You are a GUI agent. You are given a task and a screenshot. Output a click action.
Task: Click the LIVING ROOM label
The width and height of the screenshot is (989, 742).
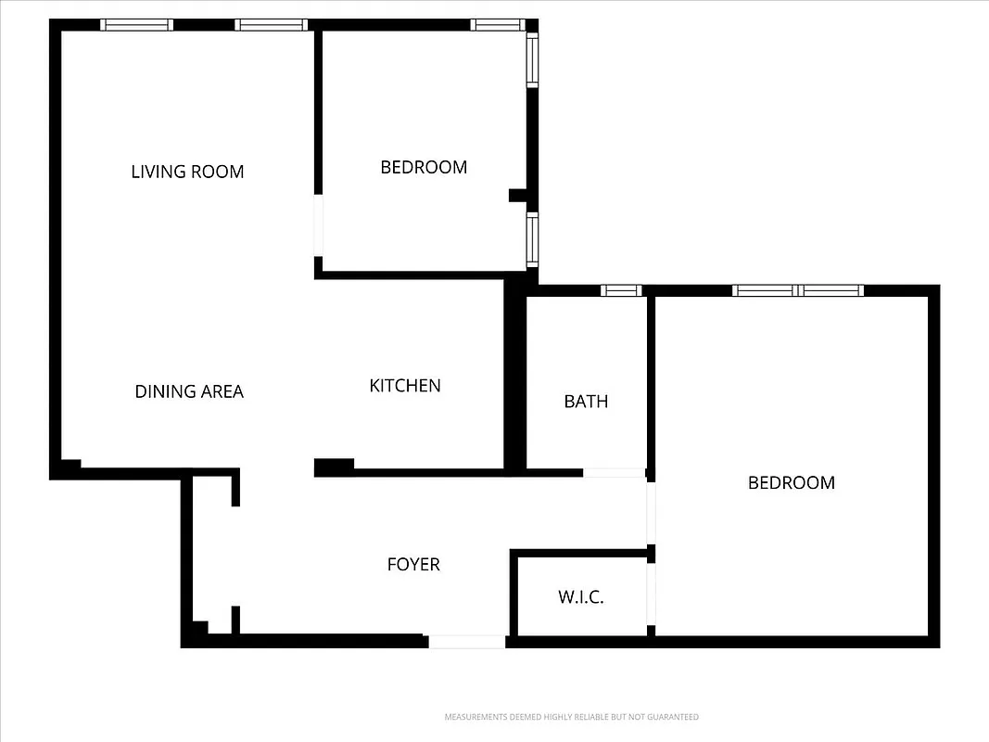pos(187,172)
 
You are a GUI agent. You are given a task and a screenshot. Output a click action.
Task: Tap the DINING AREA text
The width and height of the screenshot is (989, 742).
pos(189,391)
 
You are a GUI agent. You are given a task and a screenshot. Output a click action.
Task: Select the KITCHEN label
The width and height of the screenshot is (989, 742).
pos(405,386)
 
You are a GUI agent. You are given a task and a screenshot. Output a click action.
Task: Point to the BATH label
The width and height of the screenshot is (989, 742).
pos(586,402)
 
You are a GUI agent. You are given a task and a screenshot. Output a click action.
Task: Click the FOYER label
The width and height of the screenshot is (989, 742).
pos(413,564)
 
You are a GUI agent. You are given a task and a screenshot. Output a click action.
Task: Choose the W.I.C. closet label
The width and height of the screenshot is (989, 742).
pos(581,597)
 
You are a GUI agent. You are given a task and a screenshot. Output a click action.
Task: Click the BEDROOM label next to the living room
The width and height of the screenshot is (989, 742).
pos(424,167)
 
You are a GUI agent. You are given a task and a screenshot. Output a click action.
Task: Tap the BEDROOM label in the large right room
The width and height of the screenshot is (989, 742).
pos(791,482)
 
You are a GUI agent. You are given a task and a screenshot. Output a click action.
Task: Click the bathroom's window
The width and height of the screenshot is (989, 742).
pos(621,290)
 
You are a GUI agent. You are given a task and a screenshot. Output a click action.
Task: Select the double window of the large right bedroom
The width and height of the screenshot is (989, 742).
pos(797,290)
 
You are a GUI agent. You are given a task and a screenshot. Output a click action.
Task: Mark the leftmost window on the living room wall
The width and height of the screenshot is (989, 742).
pos(136,25)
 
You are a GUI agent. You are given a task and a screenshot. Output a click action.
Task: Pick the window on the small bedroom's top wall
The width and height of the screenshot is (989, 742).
pos(498,25)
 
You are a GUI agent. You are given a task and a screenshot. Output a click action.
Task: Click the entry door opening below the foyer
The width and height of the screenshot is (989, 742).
pos(467,641)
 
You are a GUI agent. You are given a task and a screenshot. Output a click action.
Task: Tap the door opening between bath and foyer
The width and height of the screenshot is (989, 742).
pos(614,473)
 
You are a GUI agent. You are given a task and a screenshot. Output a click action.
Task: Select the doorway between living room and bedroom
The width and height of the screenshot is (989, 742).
pos(318,225)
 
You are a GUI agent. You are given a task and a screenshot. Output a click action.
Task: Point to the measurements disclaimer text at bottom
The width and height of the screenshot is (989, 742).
pos(571,717)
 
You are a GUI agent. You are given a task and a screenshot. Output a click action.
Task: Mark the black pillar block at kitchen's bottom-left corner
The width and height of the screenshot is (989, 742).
pos(334,467)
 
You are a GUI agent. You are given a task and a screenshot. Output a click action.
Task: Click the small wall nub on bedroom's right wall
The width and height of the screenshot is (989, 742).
pos(517,195)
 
